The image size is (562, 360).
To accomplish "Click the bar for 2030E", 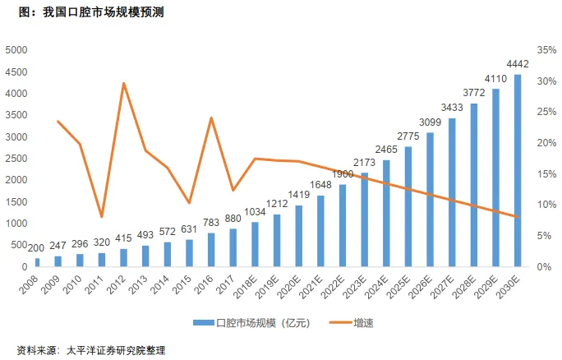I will [x=518, y=171].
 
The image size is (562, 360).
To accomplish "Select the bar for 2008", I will [x=37, y=263].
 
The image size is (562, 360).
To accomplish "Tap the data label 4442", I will [x=518, y=64].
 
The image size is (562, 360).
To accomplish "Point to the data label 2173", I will [x=365, y=163].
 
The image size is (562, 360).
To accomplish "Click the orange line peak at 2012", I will [x=124, y=83].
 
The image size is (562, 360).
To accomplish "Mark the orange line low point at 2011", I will [x=102, y=217].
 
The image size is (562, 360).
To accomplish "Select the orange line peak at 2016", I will [x=211, y=118].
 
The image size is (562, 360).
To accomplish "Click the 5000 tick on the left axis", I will [x=16, y=50].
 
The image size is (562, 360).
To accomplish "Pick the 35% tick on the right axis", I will [x=546, y=50].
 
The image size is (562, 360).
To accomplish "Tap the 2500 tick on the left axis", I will [x=16, y=159].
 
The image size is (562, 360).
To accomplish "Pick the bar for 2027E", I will [x=452, y=193].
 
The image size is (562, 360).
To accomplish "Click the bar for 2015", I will [x=190, y=253].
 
